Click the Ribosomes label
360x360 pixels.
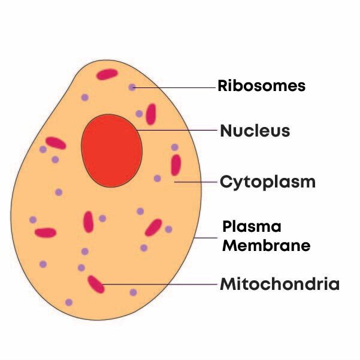click(261, 86)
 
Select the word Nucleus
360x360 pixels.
click(255, 131)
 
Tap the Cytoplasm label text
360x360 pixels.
click(267, 181)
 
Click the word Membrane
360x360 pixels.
click(266, 245)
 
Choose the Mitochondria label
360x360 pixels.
click(280, 284)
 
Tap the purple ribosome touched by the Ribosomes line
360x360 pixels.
click(132, 87)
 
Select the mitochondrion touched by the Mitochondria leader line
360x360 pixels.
click(96, 284)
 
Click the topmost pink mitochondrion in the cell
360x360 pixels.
click(108, 74)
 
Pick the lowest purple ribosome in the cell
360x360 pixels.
click(69, 302)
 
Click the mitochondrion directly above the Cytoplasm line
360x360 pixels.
click(176, 165)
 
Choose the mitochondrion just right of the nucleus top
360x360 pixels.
click(151, 114)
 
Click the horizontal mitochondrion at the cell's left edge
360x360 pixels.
click(46, 232)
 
